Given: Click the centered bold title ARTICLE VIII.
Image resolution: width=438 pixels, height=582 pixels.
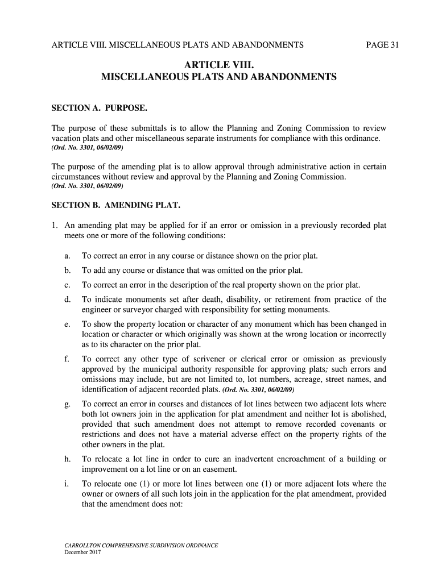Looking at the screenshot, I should pos(219,64).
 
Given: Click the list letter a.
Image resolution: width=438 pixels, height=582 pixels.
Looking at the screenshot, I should pos(67,256).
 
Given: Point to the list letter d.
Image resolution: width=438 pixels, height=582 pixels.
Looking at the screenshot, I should pos(67,300).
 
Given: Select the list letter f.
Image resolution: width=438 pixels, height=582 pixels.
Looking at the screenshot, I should pos(67,359).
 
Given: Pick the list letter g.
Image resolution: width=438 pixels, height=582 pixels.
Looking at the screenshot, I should pos(67,405).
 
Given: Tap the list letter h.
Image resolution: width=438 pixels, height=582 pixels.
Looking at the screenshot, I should pos(67,459).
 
